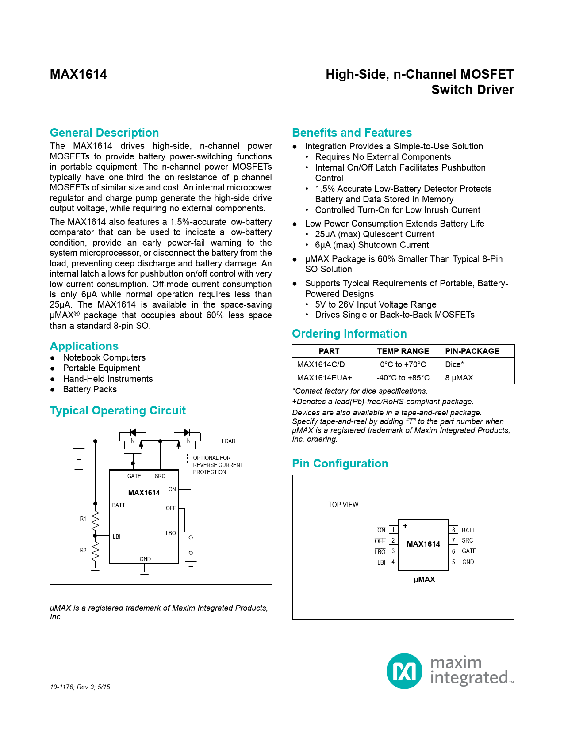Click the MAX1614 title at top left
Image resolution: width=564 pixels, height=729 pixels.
click(78, 74)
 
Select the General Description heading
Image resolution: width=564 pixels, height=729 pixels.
click(104, 133)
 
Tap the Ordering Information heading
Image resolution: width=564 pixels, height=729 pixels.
click(349, 334)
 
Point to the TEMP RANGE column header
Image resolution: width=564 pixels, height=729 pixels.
click(403, 351)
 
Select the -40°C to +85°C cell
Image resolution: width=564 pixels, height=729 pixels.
click(403, 378)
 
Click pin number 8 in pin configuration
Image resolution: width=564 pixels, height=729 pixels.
click(453, 530)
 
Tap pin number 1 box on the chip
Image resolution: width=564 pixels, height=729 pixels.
click(393, 529)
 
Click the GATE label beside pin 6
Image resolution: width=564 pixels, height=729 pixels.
click(469, 551)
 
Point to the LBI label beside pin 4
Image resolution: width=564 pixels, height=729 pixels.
click(381, 562)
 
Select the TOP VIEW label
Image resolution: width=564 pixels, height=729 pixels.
click(343, 505)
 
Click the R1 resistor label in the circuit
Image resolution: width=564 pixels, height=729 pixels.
click(83, 519)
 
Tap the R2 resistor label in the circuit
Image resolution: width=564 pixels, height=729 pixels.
click(83, 550)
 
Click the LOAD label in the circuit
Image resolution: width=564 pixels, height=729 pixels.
click(228, 441)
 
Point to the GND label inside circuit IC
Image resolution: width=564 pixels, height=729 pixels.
click(145, 559)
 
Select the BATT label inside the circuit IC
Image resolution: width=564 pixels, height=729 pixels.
click(119, 505)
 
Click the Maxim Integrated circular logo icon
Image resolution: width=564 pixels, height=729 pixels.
click(404, 671)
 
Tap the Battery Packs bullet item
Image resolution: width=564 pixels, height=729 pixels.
click(90, 389)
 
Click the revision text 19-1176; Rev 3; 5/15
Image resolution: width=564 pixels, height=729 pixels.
click(80, 687)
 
